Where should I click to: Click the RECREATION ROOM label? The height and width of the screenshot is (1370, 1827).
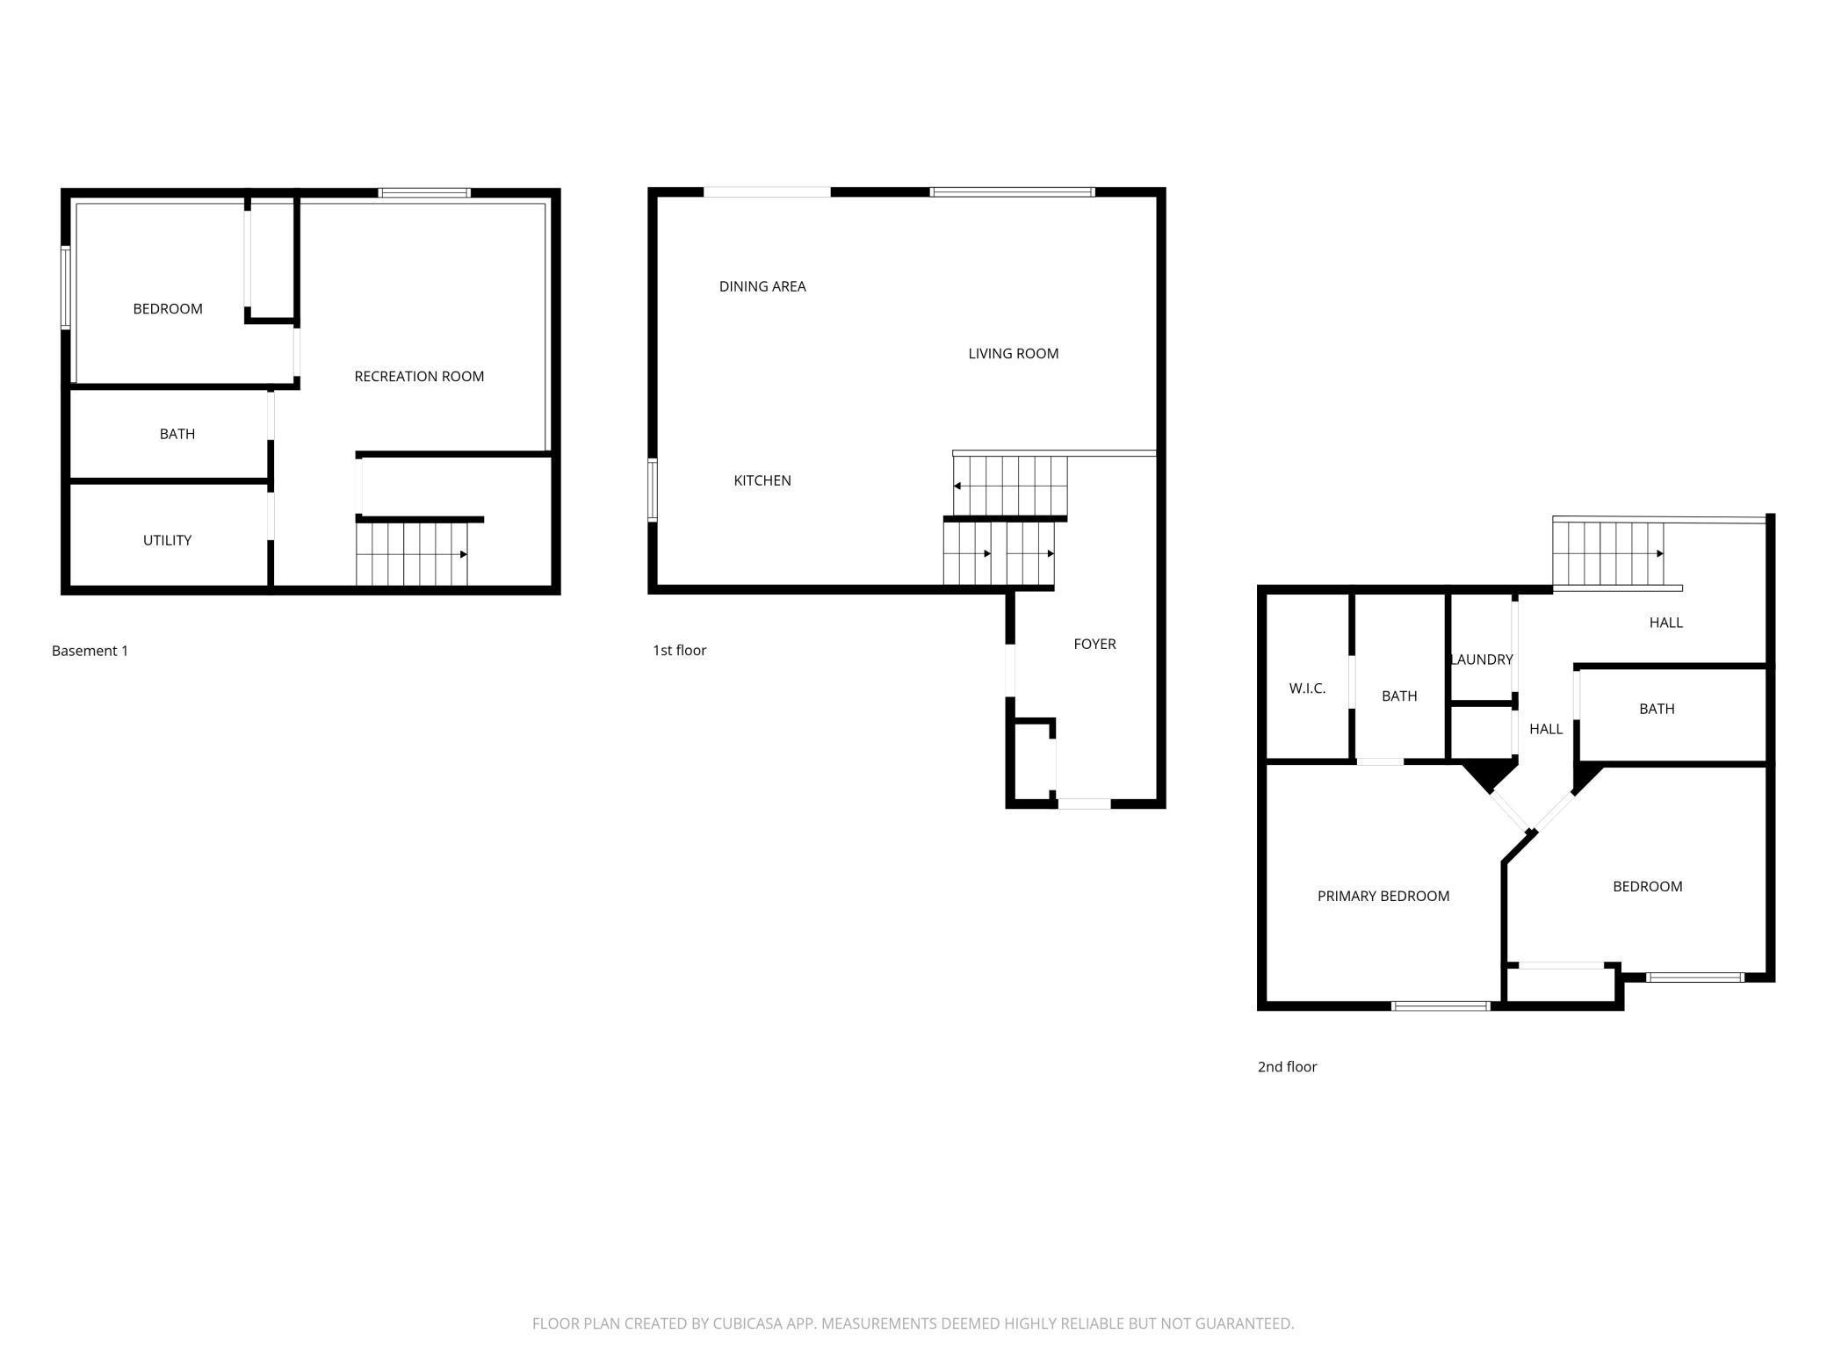point(419,377)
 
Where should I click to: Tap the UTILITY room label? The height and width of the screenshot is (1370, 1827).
point(167,541)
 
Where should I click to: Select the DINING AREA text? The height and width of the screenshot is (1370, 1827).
point(762,286)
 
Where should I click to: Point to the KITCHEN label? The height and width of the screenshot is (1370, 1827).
point(762,480)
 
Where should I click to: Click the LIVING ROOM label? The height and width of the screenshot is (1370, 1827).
point(1013,354)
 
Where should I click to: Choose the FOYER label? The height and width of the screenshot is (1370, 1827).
point(1094,645)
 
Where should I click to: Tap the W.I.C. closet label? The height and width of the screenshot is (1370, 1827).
point(1307,689)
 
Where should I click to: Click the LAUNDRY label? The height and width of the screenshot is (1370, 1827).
point(1482,660)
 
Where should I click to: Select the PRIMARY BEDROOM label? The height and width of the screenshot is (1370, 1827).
point(1383,897)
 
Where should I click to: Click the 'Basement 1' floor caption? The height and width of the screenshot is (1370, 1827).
point(90,651)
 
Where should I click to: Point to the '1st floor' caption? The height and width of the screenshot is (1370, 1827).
point(679,651)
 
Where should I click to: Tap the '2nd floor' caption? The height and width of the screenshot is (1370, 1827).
point(1287,1067)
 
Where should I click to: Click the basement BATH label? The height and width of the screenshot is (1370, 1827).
point(177,434)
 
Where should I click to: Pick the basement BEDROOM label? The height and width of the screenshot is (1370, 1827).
point(167,309)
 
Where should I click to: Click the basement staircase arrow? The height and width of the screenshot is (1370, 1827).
point(463,554)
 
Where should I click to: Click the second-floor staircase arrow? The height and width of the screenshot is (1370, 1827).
point(1659,553)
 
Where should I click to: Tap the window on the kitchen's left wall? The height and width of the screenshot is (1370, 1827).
point(653,490)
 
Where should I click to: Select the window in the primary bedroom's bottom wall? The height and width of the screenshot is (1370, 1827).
point(1441,1006)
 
